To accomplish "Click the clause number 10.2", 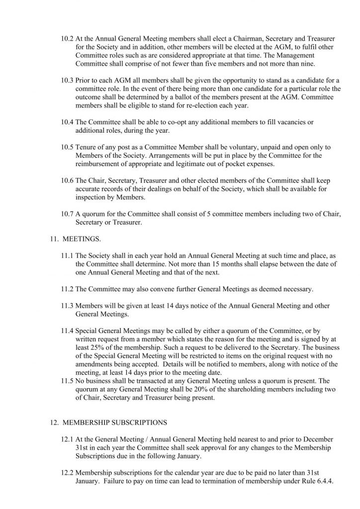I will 67,38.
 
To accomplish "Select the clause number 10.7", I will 67,214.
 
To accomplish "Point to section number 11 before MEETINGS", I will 54,239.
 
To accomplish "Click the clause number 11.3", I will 67,306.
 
